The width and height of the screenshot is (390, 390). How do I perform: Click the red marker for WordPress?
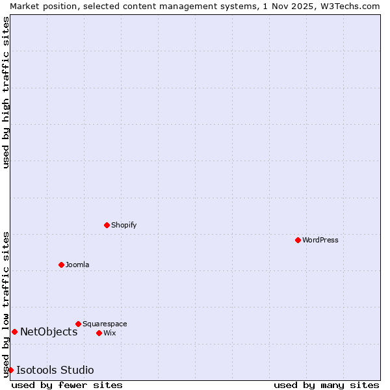[x=298, y=240]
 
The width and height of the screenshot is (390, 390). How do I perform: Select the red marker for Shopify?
[x=107, y=225]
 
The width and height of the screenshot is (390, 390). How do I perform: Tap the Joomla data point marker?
[x=61, y=265]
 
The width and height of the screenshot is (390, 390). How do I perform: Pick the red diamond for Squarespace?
[x=78, y=324]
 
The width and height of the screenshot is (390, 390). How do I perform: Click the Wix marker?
[x=99, y=333]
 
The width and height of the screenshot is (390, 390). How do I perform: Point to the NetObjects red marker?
[x=14, y=331]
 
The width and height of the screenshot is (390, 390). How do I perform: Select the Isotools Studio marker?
[x=10, y=370]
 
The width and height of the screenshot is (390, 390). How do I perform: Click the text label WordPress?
[x=320, y=240]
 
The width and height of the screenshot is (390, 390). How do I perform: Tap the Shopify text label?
[x=123, y=225]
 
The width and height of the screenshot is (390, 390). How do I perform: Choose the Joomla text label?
[x=77, y=265]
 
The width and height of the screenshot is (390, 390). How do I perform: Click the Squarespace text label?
[x=105, y=324]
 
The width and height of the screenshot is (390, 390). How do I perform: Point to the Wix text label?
[x=110, y=333]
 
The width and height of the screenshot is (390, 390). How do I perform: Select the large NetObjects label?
[x=49, y=331]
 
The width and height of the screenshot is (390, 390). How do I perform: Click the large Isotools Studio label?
[x=55, y=370]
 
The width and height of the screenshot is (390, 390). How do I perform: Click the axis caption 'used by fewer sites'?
[x=67, y=385]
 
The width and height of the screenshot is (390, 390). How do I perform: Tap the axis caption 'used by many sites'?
[x=326, y=385]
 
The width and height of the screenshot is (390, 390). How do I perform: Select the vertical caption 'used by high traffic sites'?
[x=6, y=92]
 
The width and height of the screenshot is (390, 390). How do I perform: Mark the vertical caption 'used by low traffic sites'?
[x=6, y=304]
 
